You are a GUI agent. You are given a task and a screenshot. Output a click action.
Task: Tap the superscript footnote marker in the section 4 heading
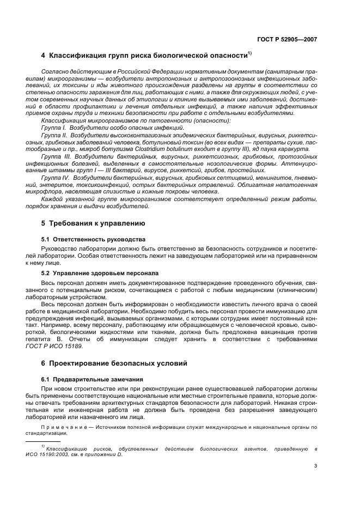[x=249, y=53]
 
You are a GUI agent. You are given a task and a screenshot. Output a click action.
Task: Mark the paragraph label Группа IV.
[x=54, y=178]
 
